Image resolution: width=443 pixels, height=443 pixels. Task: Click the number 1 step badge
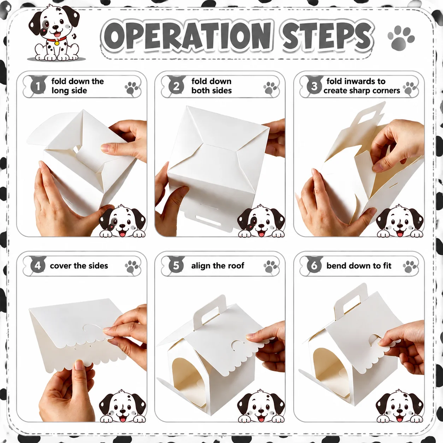(x=38, y=87)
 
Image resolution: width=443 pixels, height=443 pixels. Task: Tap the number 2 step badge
(x=176, y=87)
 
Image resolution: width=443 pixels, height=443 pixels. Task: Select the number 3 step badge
(x=314, y=87)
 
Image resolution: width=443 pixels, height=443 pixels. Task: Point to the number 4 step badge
(x=38, y=266)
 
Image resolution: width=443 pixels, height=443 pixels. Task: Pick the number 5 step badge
(x=176, y=266)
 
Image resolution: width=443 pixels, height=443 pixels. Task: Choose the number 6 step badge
(x=314, y=266)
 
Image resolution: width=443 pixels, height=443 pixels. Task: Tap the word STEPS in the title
(x=327, y=37)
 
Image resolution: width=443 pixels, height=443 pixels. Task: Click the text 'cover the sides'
(x=79, y=266)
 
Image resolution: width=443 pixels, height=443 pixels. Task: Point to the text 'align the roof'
(x=218, y=266)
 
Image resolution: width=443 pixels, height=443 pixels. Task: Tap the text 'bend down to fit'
(x=359, y=266)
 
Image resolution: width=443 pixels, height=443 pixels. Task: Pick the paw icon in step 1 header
(x=132, y=88)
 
